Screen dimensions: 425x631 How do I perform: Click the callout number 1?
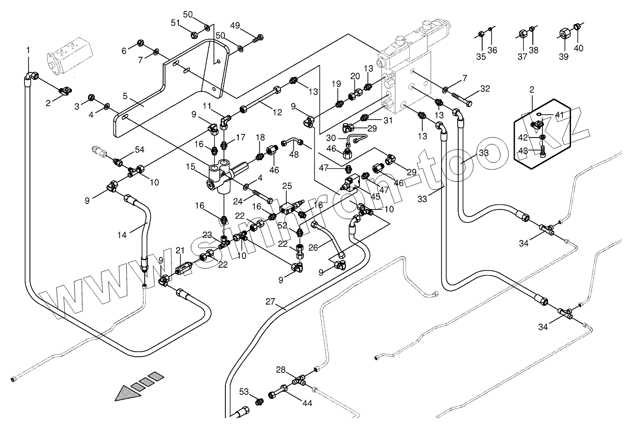click(x=28, y=50)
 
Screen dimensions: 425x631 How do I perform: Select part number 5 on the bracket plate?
click(x=125, y=96)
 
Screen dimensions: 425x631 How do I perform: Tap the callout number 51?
click(x=176, y=23)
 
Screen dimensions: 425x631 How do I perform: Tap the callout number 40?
click(x=578, y=48)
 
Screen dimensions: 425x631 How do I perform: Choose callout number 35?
click(x=481, y=57)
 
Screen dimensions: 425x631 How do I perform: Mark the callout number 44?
click(x=307, y=403)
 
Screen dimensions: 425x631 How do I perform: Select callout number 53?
click(x=244, y=392)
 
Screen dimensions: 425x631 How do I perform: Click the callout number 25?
click(x=287, y=186)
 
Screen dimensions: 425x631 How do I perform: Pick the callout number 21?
click(x=180, y=250)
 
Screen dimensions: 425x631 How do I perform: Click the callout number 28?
click(x=281, y=370)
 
